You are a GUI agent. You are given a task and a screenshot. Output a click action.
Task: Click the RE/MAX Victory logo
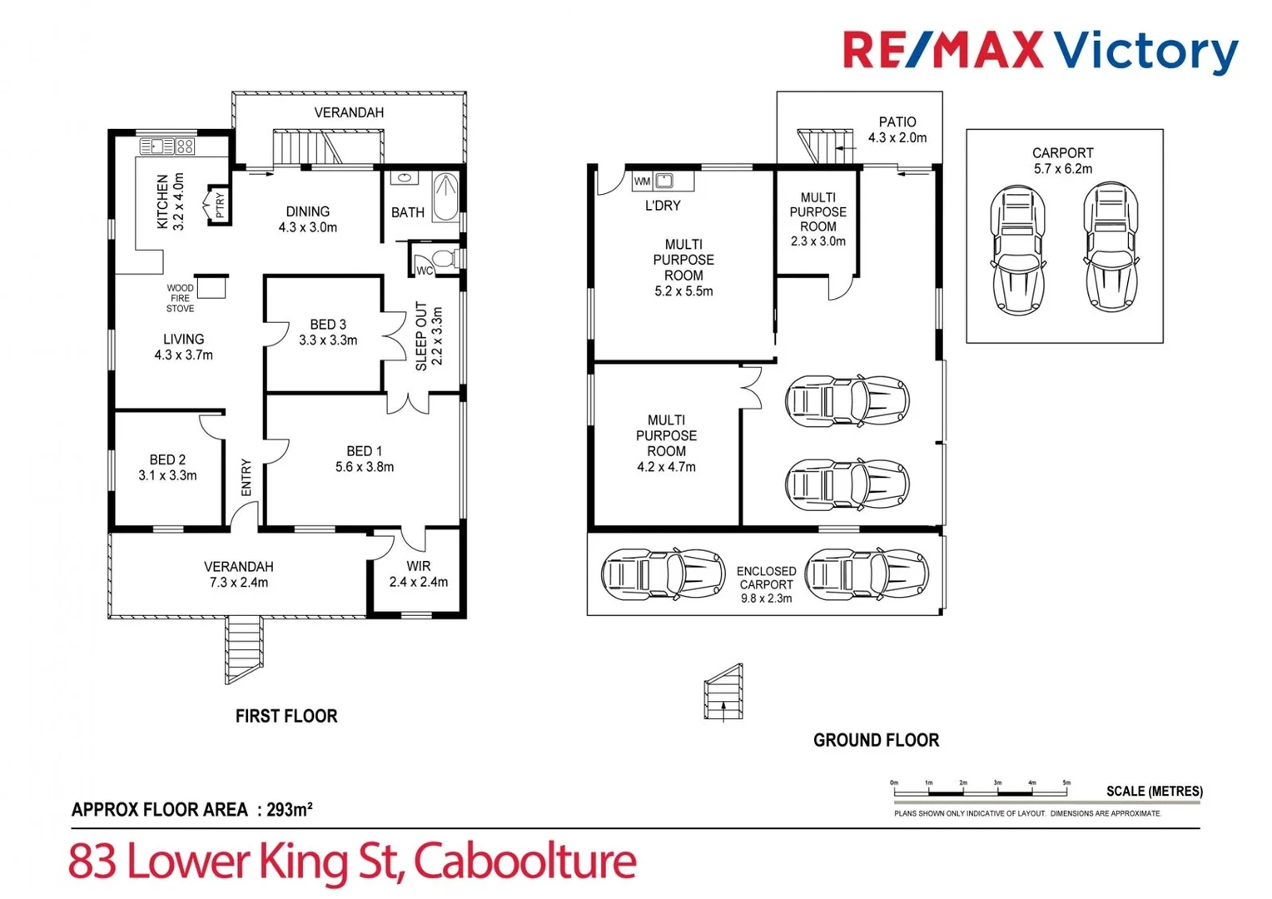(x=1040, y=51)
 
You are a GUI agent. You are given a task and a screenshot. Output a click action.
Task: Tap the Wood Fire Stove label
(x=180, y=298)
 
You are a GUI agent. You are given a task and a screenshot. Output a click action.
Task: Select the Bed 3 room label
(x=328, y=331)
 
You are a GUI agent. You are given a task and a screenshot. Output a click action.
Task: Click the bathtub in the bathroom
(x=445, y=196)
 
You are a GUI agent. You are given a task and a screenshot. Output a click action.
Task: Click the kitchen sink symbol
(x=157, y=147)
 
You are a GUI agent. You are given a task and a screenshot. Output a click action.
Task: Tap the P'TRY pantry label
(x=220, y=205)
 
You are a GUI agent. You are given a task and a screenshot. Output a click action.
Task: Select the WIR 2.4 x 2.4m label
(x=418, y=574)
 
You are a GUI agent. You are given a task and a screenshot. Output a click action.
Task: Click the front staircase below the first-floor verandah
(x=244, y=649)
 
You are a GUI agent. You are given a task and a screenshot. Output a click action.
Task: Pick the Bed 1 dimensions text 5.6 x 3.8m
(x=365, y=467)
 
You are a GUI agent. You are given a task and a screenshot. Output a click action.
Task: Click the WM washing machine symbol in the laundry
(x=642, y=181)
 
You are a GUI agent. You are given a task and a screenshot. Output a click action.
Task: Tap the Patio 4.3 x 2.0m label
(x=897, y=130)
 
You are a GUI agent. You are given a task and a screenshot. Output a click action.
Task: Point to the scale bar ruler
(x=981, y=791)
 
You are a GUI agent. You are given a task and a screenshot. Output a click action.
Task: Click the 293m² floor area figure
(x=289, y=809)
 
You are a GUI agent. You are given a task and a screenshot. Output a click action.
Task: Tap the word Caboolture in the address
(x=524, y=861)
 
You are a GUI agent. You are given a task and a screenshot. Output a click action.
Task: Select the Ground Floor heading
(x=876, y=740)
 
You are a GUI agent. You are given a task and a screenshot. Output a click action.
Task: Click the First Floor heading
(x=286, y=716)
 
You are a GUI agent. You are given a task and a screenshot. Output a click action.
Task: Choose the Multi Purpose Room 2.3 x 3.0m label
(x=817, y=219)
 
